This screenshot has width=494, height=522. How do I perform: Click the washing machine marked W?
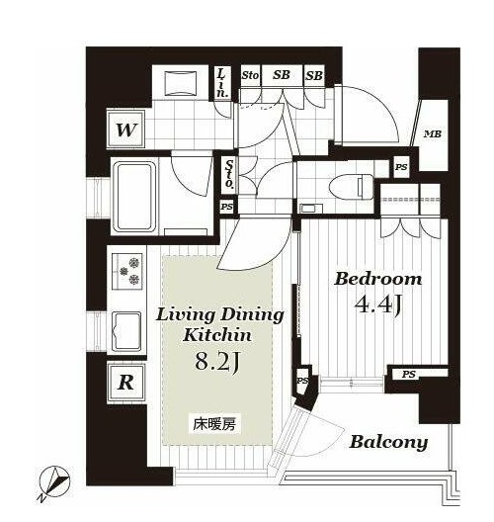click(x=126, y=130)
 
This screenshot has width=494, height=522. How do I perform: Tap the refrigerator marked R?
click(x=126, y=383)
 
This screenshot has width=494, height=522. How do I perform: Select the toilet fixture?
click(x=351, y=188)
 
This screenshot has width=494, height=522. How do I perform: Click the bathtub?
click(x=135, y=197)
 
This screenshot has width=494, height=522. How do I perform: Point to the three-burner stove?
click(x=127, y=271)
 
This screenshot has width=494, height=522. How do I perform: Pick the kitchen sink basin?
click(x=126, y=332)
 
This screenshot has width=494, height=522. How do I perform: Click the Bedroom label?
click(x=377, y=279)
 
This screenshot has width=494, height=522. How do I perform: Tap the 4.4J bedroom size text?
click(x=377, y=304)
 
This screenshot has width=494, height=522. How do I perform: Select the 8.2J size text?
click(x=218, y=362)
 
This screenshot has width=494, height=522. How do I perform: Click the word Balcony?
click(x=388, y=442)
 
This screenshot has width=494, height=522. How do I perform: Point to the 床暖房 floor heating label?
click(x=214, y=424)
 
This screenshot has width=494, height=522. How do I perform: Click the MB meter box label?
click(x=432, y=134)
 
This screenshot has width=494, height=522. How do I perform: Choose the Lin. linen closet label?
click(x=221, y=83)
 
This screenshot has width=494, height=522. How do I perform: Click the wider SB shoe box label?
click(x=282, y=75)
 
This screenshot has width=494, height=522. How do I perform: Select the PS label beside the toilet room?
click(x=401, y=167)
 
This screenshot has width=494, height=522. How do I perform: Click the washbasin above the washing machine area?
click(x=181, y=84)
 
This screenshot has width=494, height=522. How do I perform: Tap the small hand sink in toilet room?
click(x=310, y=209)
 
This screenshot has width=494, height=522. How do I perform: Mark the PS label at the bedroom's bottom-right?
click(x=408, y=374)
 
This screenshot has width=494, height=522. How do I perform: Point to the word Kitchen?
click(x=217, y=334)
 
